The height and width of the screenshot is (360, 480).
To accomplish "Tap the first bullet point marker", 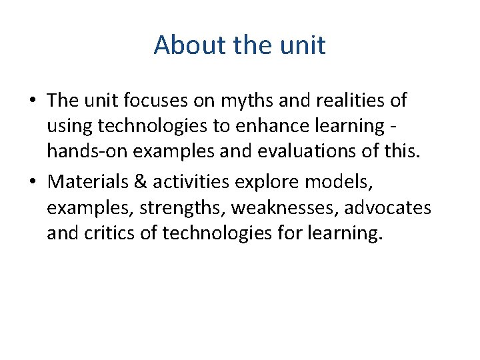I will [33, 101].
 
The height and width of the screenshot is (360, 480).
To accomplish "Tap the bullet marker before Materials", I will [33, 182].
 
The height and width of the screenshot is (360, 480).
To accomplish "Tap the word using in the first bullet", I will [68, 125].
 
